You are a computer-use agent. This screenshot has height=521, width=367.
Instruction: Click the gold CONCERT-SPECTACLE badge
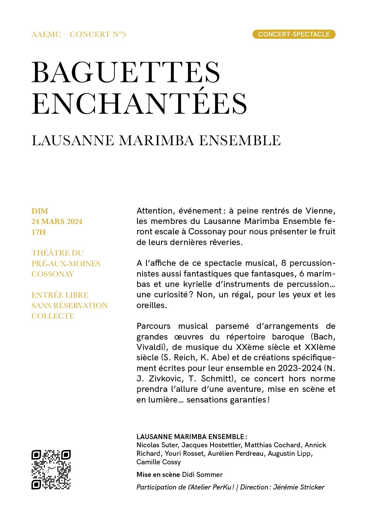click(x=294, y=34)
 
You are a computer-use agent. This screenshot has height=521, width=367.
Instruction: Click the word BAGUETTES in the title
click(x=126, y=72)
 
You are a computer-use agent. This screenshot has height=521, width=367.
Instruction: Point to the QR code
click(x=51, y=469)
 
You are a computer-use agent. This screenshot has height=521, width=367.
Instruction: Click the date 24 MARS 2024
click(x=57, y=221)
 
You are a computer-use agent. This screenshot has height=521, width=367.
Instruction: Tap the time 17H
click(x=38, y=232)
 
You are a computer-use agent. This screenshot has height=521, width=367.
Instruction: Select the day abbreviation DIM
click(x=40, y=211)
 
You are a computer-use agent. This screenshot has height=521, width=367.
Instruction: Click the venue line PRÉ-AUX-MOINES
click(x=66, y=263)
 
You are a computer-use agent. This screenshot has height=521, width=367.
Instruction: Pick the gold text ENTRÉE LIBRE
click(x=60, y=295)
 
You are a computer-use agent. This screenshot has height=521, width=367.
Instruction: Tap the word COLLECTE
click(x=53, y=316)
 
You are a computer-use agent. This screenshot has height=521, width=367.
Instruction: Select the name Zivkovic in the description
click(x=165, y=379)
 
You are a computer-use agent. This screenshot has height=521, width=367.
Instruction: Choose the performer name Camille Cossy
click(x=158, y=462)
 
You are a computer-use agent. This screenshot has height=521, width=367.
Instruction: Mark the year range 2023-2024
click(x=300, y=368)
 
